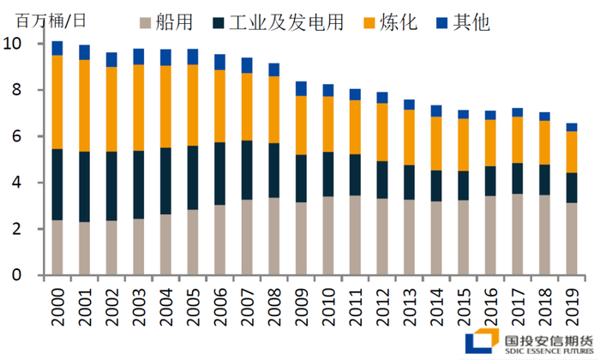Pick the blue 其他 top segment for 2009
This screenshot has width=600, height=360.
pos(301,87)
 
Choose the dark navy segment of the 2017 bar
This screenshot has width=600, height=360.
pos(517,178)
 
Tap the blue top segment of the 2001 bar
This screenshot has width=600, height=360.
pos(85,51)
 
